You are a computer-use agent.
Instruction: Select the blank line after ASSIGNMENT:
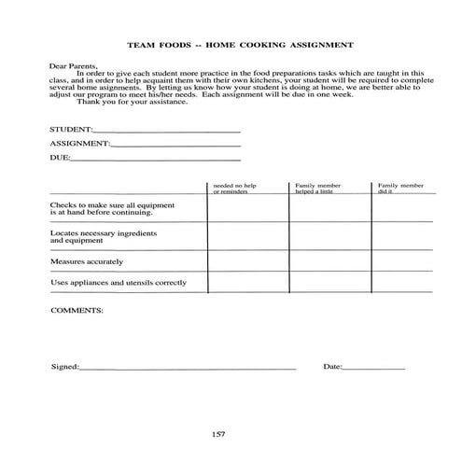tap(175, 146)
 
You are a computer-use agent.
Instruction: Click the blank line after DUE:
tap(155, 160)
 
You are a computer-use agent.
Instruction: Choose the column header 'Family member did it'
tap(397, 189)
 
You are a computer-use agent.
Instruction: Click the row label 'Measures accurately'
tap(87, 261)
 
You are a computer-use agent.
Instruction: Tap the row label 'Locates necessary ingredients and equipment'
tap(103, 235)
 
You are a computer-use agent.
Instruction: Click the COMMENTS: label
tap(77, 309)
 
